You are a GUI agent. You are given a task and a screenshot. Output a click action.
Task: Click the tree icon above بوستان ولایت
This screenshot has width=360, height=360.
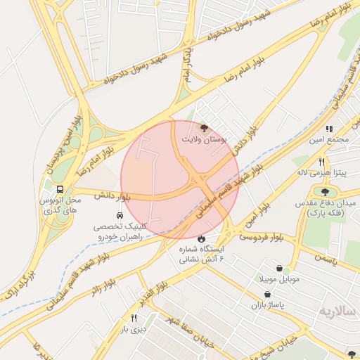[x=204, y=128]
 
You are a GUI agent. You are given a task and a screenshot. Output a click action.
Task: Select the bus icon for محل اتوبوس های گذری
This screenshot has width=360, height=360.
[x=60, y=189]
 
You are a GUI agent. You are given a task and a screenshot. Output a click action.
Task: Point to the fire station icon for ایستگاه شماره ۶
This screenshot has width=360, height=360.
[x=202, y=237]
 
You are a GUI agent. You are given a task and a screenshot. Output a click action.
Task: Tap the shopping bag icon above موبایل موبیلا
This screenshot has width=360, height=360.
[x=281, y=268]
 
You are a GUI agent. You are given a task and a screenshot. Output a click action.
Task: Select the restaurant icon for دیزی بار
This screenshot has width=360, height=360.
[x=134, y=319]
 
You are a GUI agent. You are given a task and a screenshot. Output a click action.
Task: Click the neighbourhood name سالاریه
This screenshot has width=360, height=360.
[x=338, y=311]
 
